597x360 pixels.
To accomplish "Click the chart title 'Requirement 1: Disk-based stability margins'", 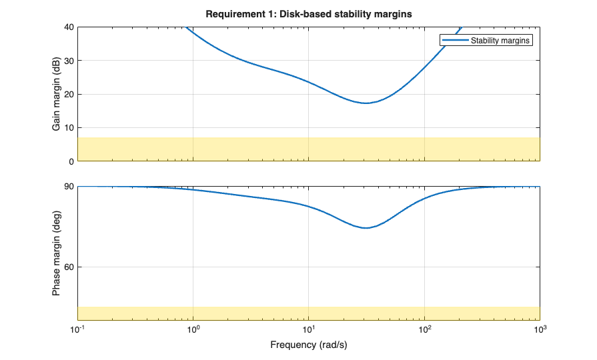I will (309, 14).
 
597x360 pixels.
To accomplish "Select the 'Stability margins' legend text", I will (500, 41).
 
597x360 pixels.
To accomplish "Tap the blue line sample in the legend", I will (453, 41).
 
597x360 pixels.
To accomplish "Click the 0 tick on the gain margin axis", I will (70, 161).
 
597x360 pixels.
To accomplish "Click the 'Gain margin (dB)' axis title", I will (57, 94).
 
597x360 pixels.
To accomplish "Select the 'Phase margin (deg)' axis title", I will (57, 253).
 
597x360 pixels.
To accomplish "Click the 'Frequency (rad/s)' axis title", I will (309, 345).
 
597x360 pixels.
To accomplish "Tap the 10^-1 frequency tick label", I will (78, 329).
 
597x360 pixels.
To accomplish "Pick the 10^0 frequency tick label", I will (193, 329).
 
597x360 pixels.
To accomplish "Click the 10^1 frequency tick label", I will (309, 329).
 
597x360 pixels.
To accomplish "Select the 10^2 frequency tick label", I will (424, 329).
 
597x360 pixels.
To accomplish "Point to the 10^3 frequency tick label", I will (540, 329).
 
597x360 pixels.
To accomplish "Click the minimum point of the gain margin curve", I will (366, 103).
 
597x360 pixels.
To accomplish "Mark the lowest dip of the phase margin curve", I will (366, 228).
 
